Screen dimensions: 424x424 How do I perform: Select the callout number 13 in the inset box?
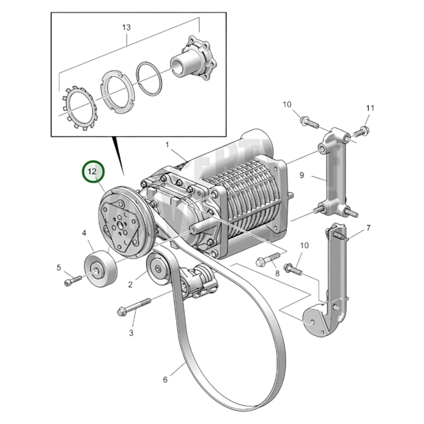pos(126,28)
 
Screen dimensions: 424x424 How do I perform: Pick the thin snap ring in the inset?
pos(150,78)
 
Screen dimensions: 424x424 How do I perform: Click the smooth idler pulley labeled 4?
pos(101,266)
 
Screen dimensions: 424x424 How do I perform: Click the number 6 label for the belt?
pos(165,380)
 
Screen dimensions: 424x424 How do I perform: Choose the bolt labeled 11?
pos(361,131)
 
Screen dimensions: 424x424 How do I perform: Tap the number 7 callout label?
pos(368,228)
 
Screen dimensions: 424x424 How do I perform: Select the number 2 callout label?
pos(130,284)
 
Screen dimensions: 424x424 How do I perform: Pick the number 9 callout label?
pos(302,175)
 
